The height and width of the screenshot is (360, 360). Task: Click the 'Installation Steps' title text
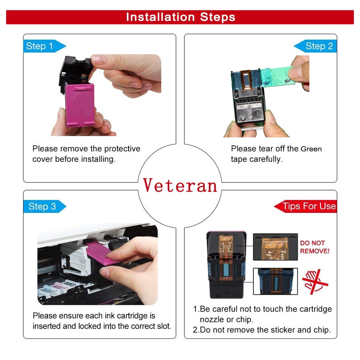click(180, 17)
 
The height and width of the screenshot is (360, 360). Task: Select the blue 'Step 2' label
click(315, 46)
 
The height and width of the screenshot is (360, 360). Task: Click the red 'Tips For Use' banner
click(305, 206)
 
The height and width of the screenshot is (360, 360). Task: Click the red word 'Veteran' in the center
click(180, 186)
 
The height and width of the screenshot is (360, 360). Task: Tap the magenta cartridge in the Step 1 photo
click(80, 105)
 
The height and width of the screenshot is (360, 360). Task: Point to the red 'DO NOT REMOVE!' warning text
click(315, 247)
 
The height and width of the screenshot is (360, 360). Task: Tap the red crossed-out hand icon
click(315, 282)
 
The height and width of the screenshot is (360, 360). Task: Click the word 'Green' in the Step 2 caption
click(311, 149)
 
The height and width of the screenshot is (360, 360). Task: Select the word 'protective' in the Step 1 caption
click(122, 149)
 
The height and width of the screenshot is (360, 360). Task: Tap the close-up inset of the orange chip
click(275, 247)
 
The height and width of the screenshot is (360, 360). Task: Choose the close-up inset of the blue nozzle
click(275, 281)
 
